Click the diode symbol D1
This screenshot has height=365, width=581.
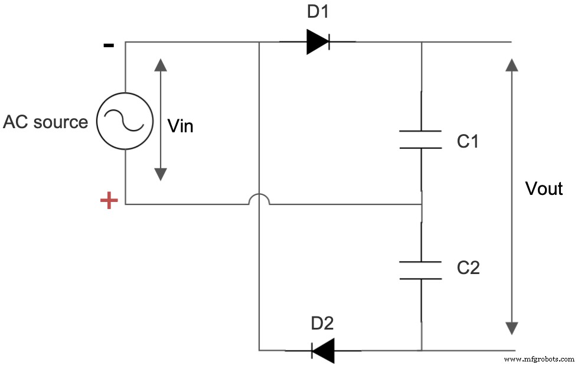tap(318, 42)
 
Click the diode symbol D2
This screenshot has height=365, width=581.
tap(322, 350)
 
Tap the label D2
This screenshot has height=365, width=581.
tap(322, 323)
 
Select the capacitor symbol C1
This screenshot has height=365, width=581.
tap(420, 139)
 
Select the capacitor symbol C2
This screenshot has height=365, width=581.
tap(420, 270)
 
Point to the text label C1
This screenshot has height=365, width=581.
tap(468, 141)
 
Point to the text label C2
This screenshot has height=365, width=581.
tap(468, 268)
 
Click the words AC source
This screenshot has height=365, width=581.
tap(45, 122)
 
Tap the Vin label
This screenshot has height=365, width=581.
tap(180, 126)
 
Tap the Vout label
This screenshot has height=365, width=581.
tap(544, 188)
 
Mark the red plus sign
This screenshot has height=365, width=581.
tap(109, 201)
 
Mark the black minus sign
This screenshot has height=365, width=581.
tap(109, 45)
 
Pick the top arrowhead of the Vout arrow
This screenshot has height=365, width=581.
tap(512, 64)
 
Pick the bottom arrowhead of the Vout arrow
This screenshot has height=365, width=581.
tap(512, 328)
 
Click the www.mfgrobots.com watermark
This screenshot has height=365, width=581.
tap(540, 359)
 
